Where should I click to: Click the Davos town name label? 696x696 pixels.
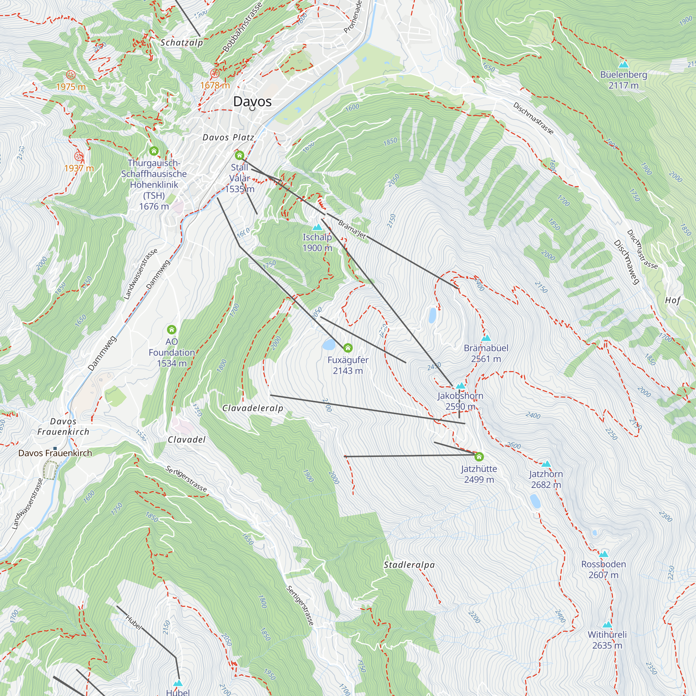[252, 102]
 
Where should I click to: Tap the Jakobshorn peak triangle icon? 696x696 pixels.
[460, 386]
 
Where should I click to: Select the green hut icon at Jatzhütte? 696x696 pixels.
[479, 457]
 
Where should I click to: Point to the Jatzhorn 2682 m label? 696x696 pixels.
[546, 479]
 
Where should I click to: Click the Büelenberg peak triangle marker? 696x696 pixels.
[623, 64]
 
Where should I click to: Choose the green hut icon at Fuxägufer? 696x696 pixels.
[348, 348]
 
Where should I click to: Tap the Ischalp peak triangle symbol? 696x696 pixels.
[317, 227]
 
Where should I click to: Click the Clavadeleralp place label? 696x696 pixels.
[253, 408]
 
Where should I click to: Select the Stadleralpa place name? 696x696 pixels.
[409, 565]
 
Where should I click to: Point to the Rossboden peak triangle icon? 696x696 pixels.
[603, 554]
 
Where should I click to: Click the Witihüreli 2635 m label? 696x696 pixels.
[607, 640]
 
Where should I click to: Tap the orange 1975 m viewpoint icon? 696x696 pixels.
[71, 75]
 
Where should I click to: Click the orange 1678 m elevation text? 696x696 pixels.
[215, 85]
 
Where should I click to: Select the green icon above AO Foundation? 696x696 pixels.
[172, 329]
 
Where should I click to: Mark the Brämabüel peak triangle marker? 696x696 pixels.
[486, 338]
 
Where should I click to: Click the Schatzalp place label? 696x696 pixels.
[182, 42]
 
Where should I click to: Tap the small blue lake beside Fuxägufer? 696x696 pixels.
[329, 345]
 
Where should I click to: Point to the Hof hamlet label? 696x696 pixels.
[673, 300]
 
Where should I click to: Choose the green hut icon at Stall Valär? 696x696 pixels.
[239, 156]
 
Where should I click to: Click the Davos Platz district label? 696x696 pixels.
[228, 137]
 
